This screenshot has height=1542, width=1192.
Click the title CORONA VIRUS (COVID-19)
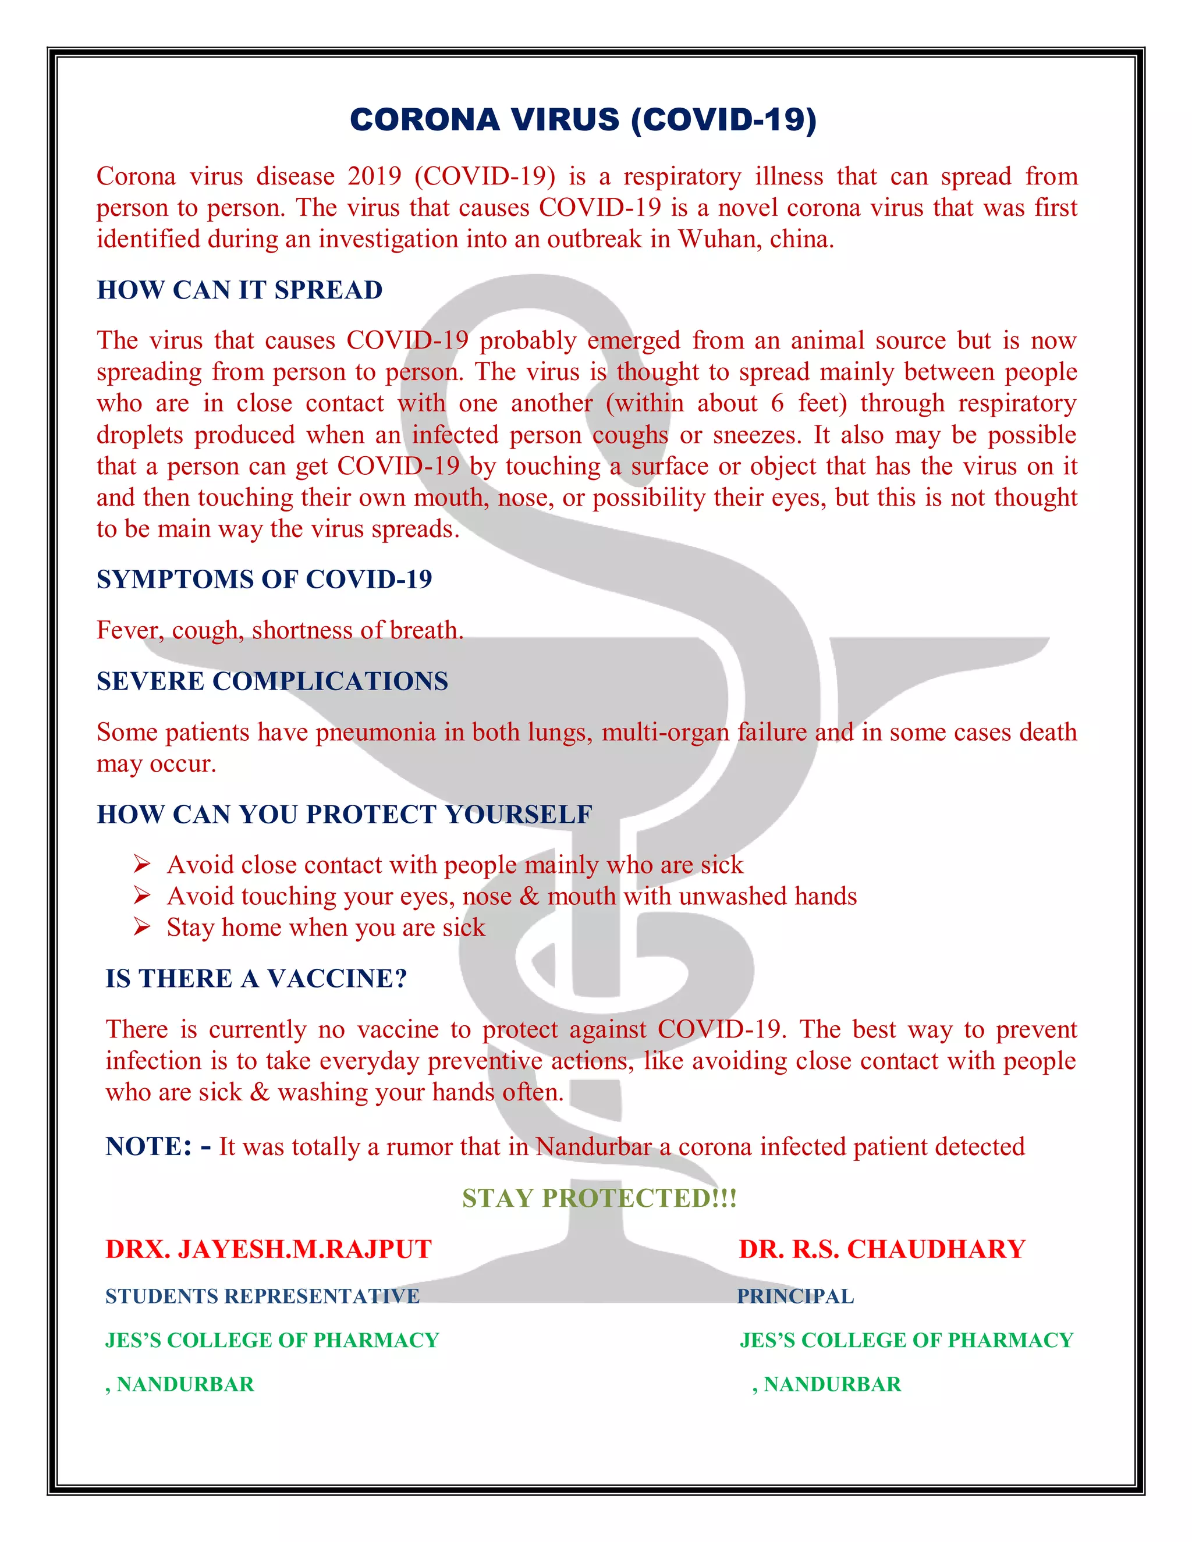tap(583, 119)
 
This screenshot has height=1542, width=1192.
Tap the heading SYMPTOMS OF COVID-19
tap(264, 580)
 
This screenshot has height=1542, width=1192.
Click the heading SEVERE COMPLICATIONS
tap(272, 681)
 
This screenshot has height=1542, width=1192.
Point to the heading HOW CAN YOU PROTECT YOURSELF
tap(344, 815)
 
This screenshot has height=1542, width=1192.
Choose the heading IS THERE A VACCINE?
tap(256, 979)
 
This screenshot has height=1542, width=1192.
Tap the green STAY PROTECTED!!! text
tap(599, 1198)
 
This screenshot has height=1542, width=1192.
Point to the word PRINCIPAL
tap(796, 1296)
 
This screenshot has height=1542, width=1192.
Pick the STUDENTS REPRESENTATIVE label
tap(262, 1296)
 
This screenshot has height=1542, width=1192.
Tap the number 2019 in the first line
tap(374, 176)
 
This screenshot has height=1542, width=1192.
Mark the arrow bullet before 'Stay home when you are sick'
tap(142, 927)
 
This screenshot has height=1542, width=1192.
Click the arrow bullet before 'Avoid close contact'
tap(142, 864)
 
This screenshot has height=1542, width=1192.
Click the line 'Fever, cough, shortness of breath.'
tap(279, 630)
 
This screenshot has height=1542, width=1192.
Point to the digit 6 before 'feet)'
tap(777, 403)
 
